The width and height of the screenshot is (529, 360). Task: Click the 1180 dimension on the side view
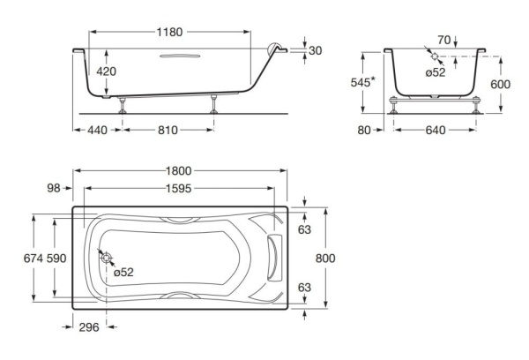tap(171, 32)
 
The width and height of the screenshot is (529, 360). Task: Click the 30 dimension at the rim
tap(316, 50)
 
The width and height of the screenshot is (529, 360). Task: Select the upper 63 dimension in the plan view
tap(304, 229)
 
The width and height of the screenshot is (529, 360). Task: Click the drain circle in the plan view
tap(106, 259)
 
